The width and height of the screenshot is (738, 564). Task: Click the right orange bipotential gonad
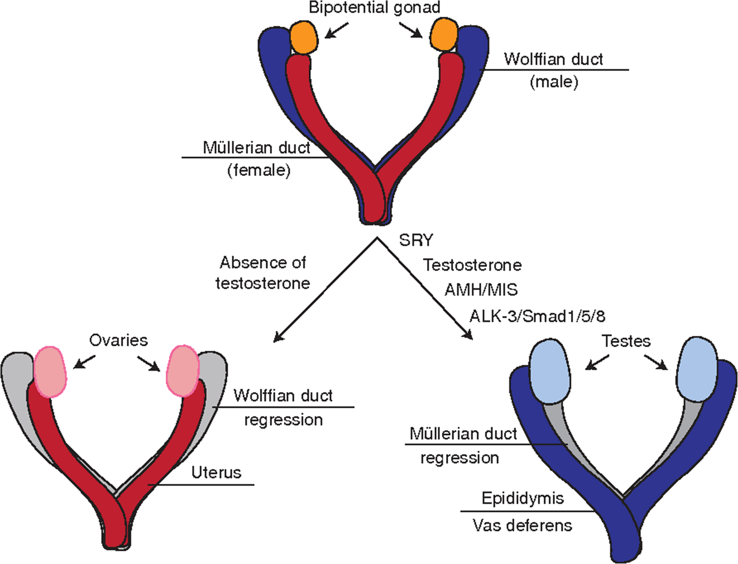pyautogui.click(x=443, y=34)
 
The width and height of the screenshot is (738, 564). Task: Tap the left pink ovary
pyautogui.click(x=50, y=372)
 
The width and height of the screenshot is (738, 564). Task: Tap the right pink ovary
pyautogui.click(x=183, y=371)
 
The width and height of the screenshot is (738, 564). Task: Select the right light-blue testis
pyautogui.click(x=696, y=369)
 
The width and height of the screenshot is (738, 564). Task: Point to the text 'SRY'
pyautogui.click(x=416, y=240)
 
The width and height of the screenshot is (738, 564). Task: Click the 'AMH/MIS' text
pyautogui.click(x=481, y=290)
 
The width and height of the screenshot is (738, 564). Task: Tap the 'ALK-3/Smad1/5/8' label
pyautogui.click(x=537, y=316)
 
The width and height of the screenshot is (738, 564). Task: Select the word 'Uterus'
pyautogui.click(x=216, y=472)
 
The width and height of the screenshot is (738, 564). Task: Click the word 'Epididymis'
pyautogui.click(x=523, y=498)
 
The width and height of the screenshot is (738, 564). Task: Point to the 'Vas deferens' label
pyautogui.click(x=522, y=525)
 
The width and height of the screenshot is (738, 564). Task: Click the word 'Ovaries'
pyautogui.click(x=118, y=340)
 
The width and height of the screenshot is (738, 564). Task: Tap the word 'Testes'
pyautogui.click(x=626, y=341)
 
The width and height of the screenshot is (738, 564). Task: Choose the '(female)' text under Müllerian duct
pyautogui.click(x=259, y=170)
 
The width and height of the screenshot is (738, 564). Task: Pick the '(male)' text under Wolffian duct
pyautogui.click(x=554, y=82)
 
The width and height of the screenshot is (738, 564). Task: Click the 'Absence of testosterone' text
pyautogui.click(x=263, y=273)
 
